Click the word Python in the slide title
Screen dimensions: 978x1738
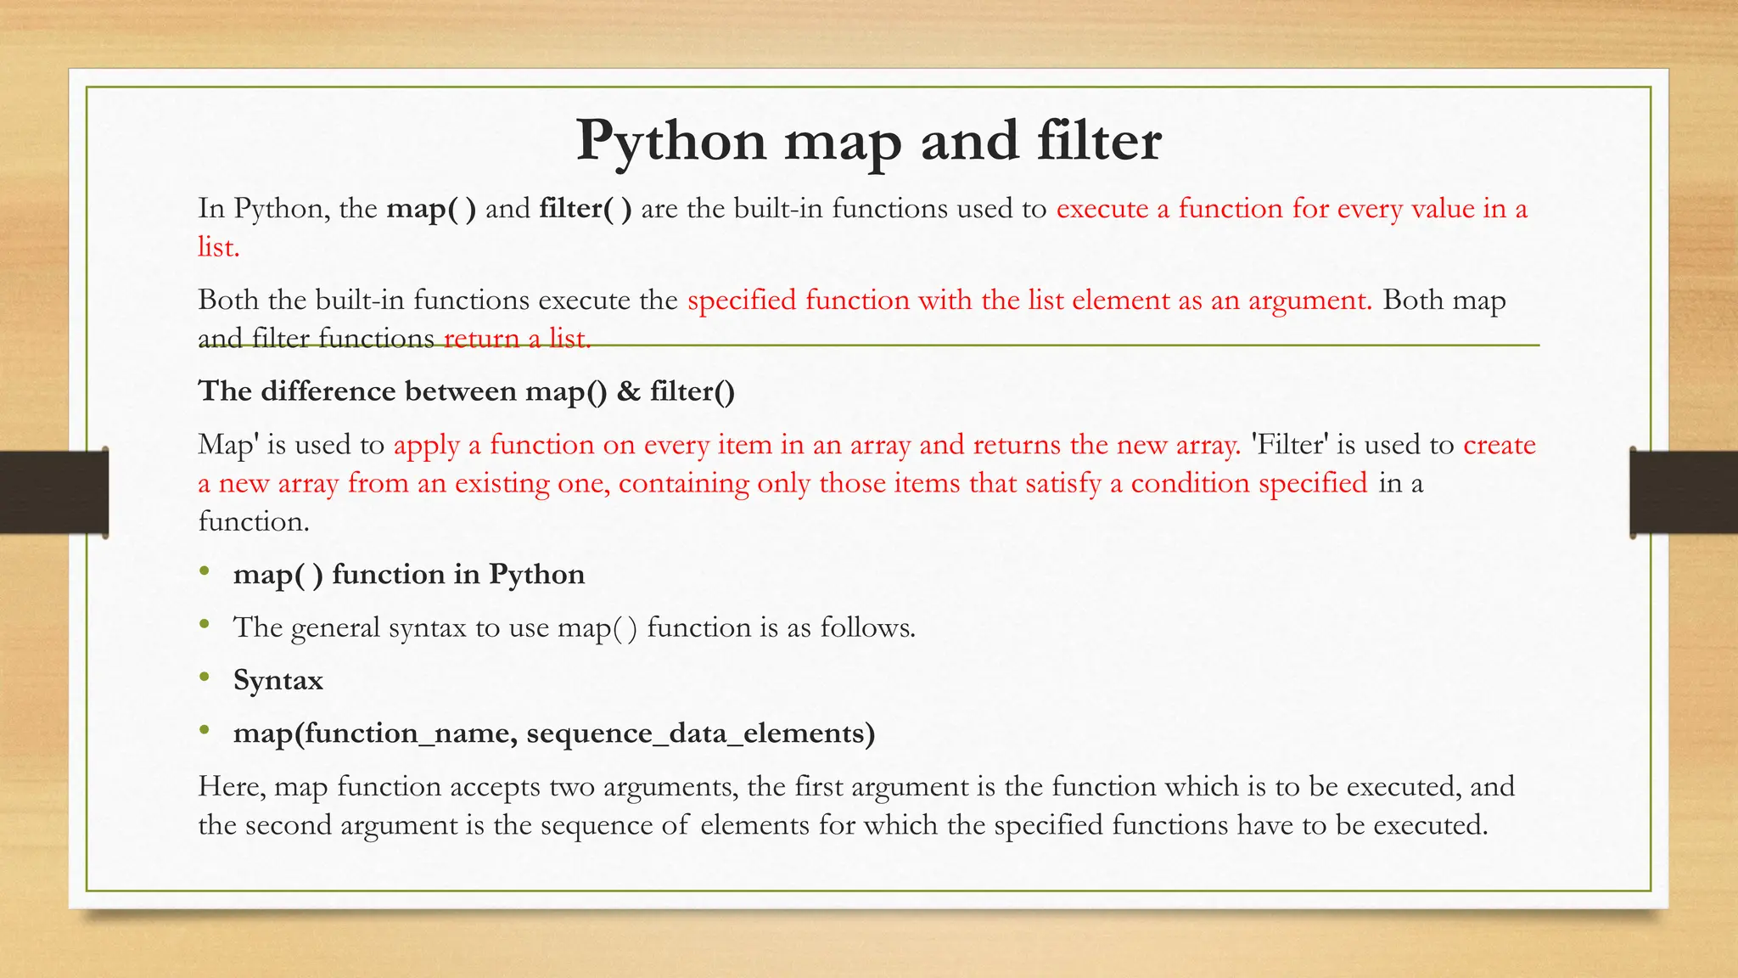[670, 141]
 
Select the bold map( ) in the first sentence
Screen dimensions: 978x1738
[431, 209]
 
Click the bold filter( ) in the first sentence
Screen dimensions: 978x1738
[585, 209]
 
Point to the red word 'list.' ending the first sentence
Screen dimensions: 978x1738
[219, 247]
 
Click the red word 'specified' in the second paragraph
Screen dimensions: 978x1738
[742, 301]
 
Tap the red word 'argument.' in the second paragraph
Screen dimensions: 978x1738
[1309, 301]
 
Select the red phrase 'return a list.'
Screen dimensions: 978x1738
[517, 339]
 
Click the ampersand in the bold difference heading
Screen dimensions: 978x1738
[628, 391]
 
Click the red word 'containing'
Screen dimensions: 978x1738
[683, 483]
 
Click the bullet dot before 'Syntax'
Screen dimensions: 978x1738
[205, 677]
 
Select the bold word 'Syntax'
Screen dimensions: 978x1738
[278, 681]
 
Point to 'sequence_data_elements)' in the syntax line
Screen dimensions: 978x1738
[700, 733]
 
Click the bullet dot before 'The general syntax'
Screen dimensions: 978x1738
[205, 625]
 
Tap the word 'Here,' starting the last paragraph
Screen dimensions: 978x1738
[232, 787]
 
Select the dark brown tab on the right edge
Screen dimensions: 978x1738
[1684, 492]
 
